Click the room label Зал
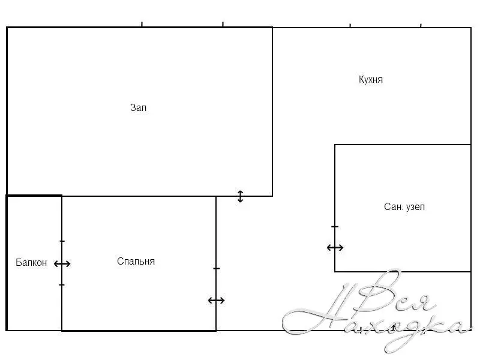[139, 108]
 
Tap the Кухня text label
[371, 80]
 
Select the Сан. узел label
[404, 207]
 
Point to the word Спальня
[136, 262]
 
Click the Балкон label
[31, 263]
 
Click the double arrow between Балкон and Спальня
[62, 263]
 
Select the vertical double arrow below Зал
[241, 197]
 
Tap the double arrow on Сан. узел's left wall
[335, 247]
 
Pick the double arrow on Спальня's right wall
[217, 301]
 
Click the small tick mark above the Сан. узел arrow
[335, 227]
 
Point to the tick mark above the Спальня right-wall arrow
[217, 268]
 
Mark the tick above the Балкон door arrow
[62, 241]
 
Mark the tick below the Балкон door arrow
[62, 285]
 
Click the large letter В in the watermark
[380, 291]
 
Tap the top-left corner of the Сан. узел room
[335, 145]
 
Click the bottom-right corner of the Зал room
[272, 196]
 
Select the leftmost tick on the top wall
[142, 25]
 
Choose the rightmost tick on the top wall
[421, 25]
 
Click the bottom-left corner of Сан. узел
[335, 272]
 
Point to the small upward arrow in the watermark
[394, 328]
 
